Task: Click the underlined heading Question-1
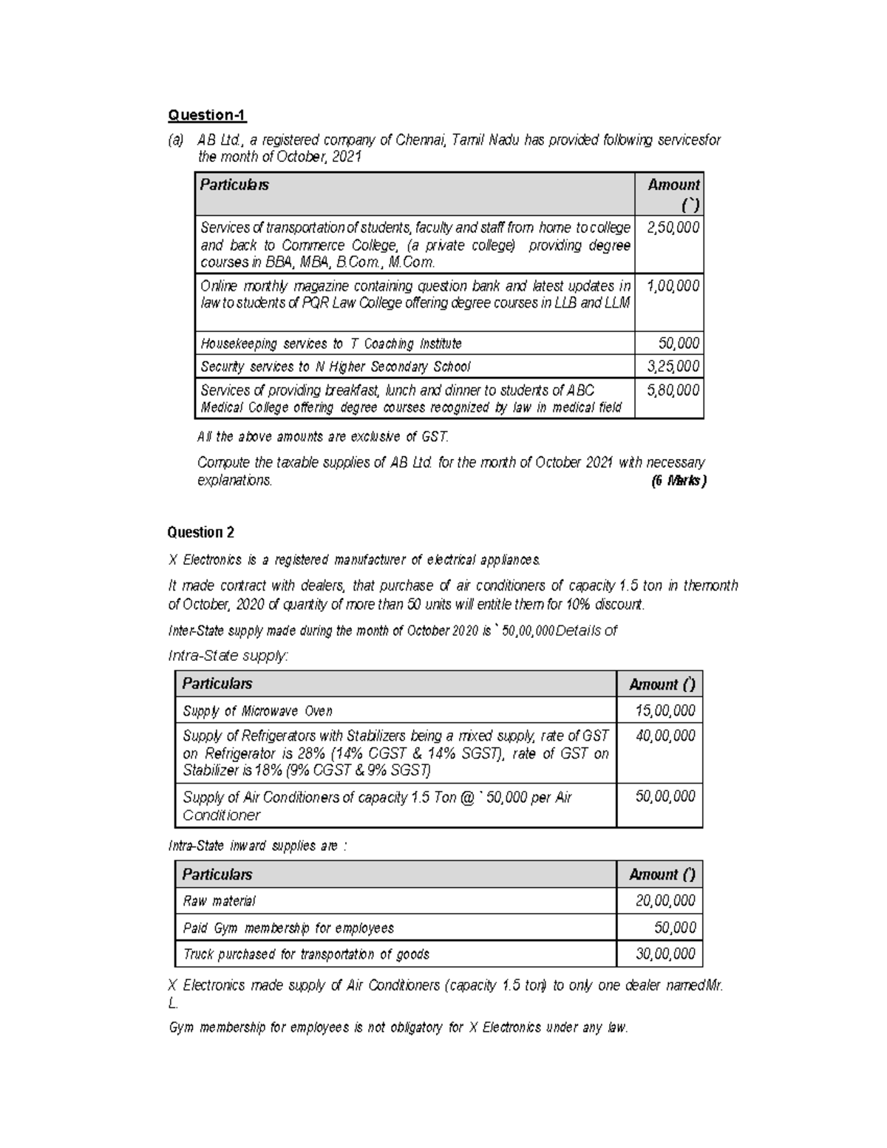pos(207,115)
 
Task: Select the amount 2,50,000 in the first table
pos(673,228)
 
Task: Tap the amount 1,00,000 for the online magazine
pos(673,286)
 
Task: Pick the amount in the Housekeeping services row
pos(679,343)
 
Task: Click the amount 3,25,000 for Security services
pos(673,367)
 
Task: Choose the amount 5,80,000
pos(673,390)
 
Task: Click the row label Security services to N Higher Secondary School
pos(335,367)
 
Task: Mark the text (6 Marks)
pos(678,481)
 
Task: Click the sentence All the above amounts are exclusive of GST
pos(323,437)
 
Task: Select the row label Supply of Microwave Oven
pos(257,711)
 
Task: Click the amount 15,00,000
pos(665,711)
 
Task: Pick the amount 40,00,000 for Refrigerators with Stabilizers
pos(665,736)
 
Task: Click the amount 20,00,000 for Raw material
pos(665,901)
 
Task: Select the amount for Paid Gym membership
pos(675,928)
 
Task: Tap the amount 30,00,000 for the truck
pos(665,954)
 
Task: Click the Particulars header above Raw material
pos(217,874)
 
